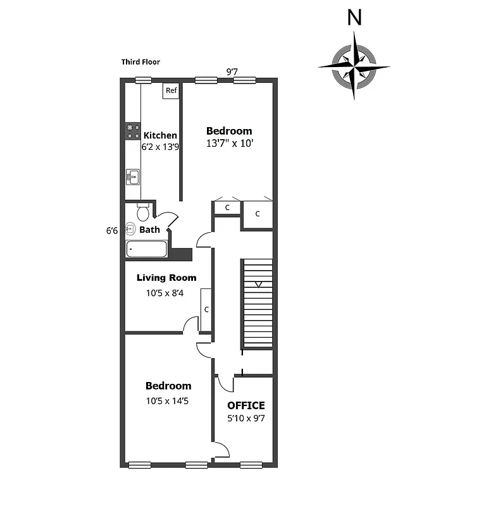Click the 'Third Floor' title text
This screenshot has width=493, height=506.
140,62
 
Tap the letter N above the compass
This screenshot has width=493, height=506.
355,18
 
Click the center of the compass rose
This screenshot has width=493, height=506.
354,66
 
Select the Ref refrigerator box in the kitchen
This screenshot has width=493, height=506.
171,91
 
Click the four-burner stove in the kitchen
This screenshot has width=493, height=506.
133,131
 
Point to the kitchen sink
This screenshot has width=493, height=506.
133,176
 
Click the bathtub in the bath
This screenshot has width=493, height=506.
147,249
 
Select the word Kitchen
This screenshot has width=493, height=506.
160,135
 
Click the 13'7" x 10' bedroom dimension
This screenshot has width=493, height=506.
229,144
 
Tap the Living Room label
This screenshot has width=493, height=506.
166,278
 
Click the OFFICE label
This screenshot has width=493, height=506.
246,405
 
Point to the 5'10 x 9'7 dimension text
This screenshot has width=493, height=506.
246,418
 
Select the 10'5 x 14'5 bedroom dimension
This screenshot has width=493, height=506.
168,400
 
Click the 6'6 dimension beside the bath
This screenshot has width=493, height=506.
112,231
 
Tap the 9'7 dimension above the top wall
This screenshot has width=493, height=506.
232,71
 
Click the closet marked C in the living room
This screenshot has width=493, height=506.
206,309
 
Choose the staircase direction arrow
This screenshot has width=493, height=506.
257,285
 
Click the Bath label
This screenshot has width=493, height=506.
150,230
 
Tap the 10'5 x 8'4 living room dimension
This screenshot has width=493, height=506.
165,293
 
